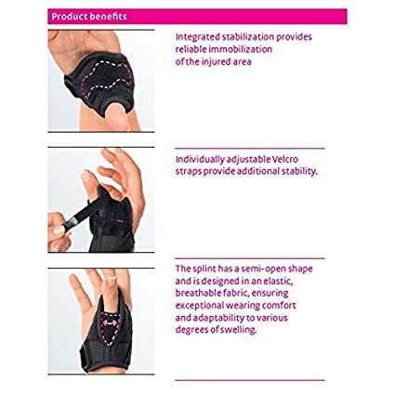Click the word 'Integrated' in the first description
(x=196, y=37)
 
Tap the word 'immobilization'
(x=245, y=50)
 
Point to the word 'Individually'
(x=201, y=158)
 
